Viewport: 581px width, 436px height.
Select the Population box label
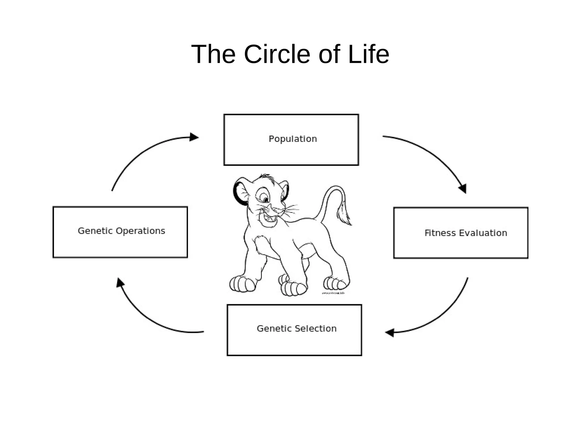(292, 139)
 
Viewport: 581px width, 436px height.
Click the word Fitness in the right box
(440, 233)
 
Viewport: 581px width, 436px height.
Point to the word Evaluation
(483, 233)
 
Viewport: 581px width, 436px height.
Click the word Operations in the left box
(140, 231)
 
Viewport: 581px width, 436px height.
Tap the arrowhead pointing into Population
(194, 137)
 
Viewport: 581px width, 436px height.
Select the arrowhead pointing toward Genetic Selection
(390, 332)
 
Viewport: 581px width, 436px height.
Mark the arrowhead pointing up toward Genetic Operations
(120, 282)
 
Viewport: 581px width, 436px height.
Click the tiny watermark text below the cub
(333, 293)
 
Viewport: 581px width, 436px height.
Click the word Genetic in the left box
(95, 231)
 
